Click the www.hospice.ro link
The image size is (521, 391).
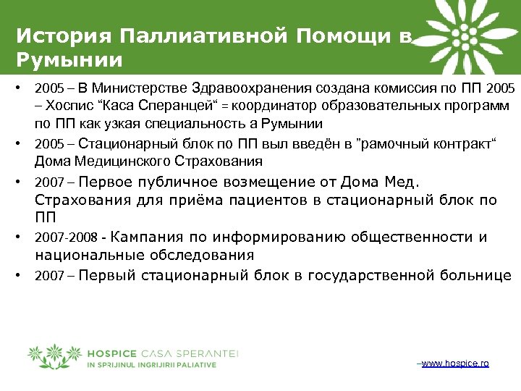(x=455, y=363)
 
